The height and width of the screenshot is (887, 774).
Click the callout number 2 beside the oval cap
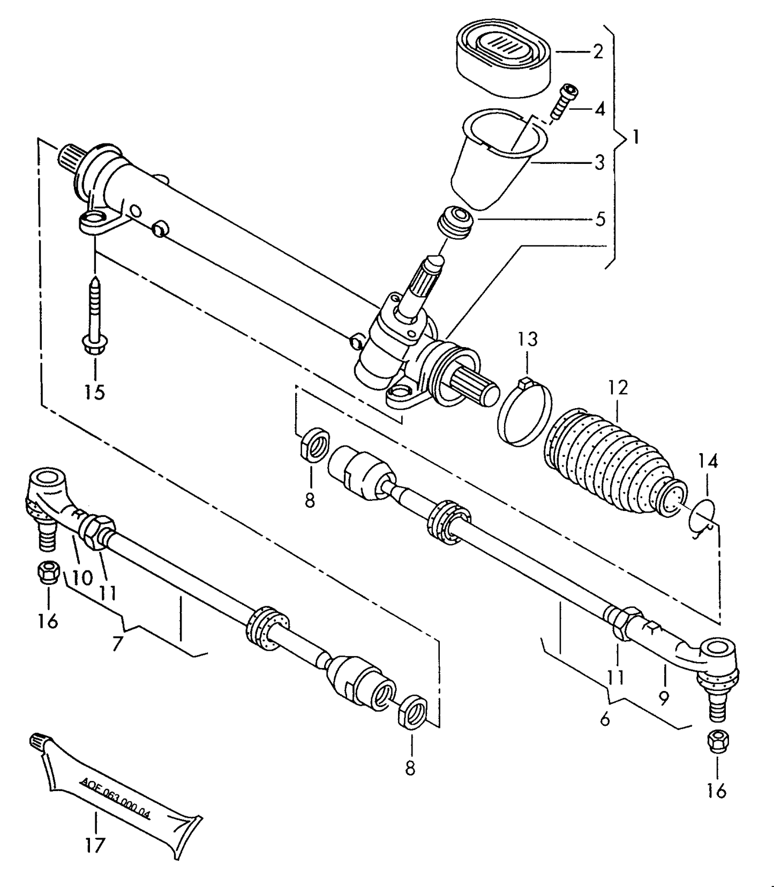pyautogui.click(x=598, y=51)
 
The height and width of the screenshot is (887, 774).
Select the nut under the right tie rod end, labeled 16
pyautogui.click(x=717, y=741)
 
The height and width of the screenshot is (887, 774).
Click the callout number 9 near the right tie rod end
pyautogui.click(x=664, y=697)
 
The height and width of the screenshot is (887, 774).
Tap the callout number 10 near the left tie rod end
pyautogui.click(x=82, y=577)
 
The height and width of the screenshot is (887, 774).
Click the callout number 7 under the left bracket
pyautogui.click(x=117, y=643)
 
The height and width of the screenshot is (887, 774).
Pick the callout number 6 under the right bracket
pyautogui.click(x=605, y=719)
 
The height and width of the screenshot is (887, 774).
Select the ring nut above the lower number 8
pyautogui.click(x=413, y=710)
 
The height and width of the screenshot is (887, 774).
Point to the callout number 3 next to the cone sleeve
pyautogui.click(x=599, y=162)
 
